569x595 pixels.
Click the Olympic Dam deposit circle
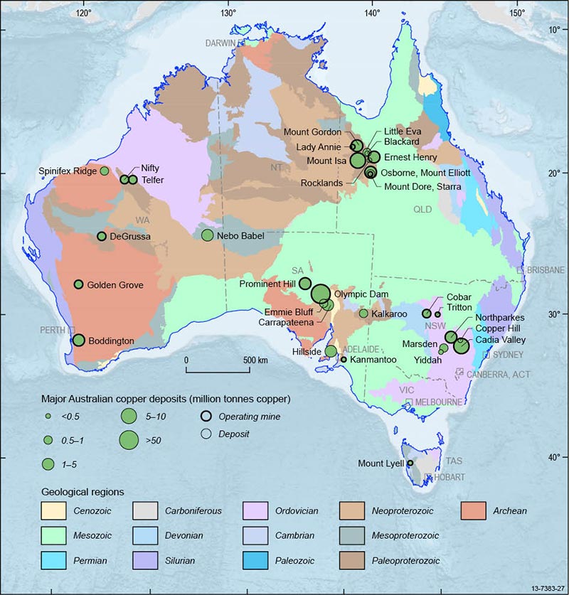[320, 294]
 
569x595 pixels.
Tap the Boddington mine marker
[79, 341]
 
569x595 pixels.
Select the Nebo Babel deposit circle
[208, 235]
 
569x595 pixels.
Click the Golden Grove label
[115, 285]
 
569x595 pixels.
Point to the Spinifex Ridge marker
[105, 171]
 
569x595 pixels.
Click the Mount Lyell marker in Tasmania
[410, 463]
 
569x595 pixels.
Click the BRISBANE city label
[545, 270]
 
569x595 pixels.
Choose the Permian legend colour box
[54, 561]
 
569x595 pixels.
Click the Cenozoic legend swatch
[54, 510]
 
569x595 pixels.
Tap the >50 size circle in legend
[128, 440]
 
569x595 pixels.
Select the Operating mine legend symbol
[206, 417]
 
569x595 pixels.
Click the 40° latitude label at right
[554, 457]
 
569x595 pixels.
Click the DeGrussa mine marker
[102, 236]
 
